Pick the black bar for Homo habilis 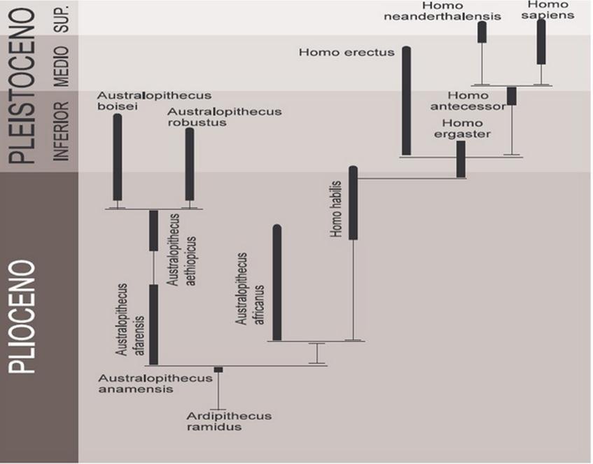353,203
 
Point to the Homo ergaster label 461,129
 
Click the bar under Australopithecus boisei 118,157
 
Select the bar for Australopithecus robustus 189,164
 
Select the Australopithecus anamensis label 145,383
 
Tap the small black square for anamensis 218,370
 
